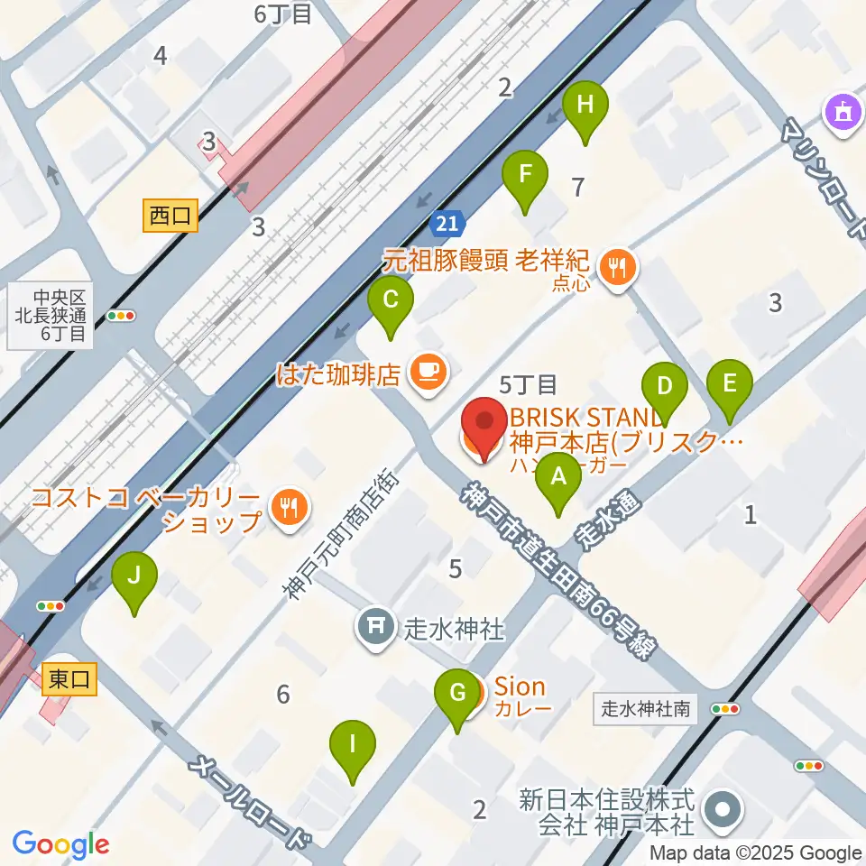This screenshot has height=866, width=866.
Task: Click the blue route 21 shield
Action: click(448, 223)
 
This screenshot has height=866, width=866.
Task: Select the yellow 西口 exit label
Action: click(170, 216)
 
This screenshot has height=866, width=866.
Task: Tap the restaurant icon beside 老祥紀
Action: click(618, 267)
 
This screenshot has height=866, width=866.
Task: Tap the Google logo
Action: click(60, 844)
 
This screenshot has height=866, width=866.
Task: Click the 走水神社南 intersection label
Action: click(646, 709)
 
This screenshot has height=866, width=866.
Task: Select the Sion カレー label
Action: click(521, 697)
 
